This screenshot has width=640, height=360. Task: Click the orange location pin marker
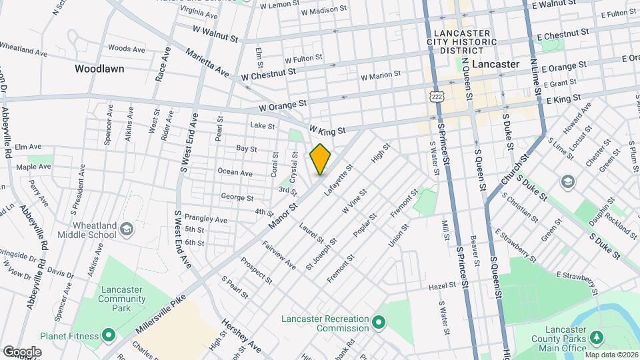pyautogui.click(x=320, y=159)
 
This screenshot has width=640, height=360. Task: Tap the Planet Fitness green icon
pyautogui.click(x=109, y=335)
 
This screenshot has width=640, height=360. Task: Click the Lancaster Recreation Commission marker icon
pyautogui.click(x=379, y=323)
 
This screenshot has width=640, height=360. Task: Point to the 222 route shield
pyautogui.click(x=437, y=97)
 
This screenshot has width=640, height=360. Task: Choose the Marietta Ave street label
pyautogui.click(x=207, y=63)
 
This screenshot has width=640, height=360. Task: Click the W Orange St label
pyautogui.click(x=283, y=105)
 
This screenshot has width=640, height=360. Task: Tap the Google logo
pyautogui.click(x=22, y=351)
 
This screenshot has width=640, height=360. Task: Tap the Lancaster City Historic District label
pyautogui.click(x=464, y=38)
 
